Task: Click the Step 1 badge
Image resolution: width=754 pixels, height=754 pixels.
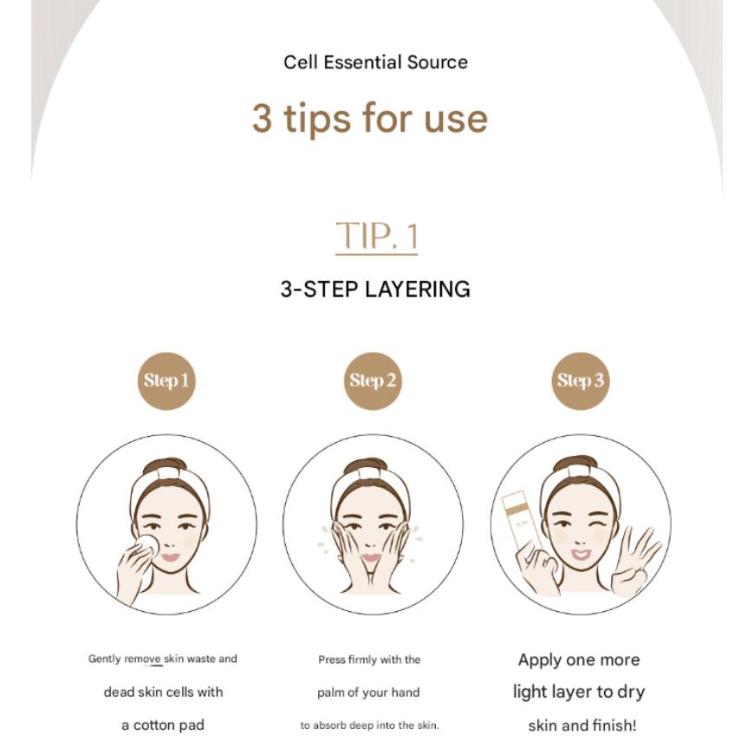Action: tap(166, 380)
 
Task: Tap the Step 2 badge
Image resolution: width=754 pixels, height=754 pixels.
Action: tap(373, 380)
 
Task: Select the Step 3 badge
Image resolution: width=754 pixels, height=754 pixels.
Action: tap(581, 380)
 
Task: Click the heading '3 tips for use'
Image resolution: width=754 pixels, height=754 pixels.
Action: tap(370, 118)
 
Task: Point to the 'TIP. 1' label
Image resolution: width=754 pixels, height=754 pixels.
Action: tap(376, 236)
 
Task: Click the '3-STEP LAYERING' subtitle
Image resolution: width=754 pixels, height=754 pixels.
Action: tap(375, 289)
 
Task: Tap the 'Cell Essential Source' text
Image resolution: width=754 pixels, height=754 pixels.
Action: tap(375, 62)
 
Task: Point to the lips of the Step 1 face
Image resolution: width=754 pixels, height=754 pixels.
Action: tap(170, 557)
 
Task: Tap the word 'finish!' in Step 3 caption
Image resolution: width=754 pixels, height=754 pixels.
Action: tap(612, 725)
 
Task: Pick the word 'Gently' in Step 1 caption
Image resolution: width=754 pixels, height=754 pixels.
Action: tap(104, 660)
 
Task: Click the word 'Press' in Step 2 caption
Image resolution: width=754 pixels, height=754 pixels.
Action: tap(332, 660)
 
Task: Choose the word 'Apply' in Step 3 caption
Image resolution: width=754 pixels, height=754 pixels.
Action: tap(539, 660)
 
